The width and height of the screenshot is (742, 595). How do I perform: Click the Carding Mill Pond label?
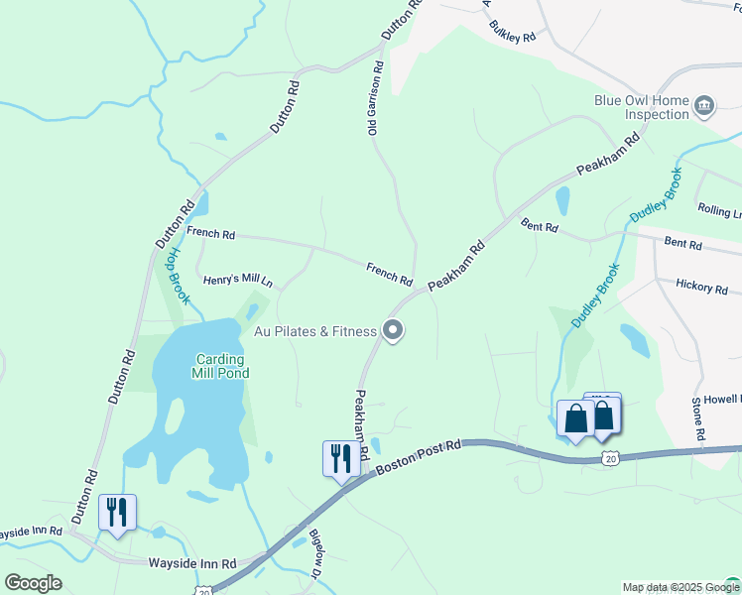tap(221, 366)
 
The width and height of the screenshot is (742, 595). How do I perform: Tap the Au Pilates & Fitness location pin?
tap(393, 330)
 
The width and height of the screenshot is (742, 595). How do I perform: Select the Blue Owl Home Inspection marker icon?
tap(704, 106)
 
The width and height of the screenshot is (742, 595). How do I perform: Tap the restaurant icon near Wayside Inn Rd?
tap(117, 513)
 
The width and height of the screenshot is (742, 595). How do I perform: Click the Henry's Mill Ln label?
tap(237, 281)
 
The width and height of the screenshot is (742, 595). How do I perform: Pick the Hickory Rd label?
tap(701, 287)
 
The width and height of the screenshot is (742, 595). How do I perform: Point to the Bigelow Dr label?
tap(314, 555)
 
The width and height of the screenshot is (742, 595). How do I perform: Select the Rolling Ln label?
tap(719, 211)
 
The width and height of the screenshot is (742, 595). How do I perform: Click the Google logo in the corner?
tap(33, 583)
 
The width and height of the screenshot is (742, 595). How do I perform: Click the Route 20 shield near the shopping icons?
tap(610, 457)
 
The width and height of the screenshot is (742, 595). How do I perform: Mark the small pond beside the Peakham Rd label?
tap(562, 201)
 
